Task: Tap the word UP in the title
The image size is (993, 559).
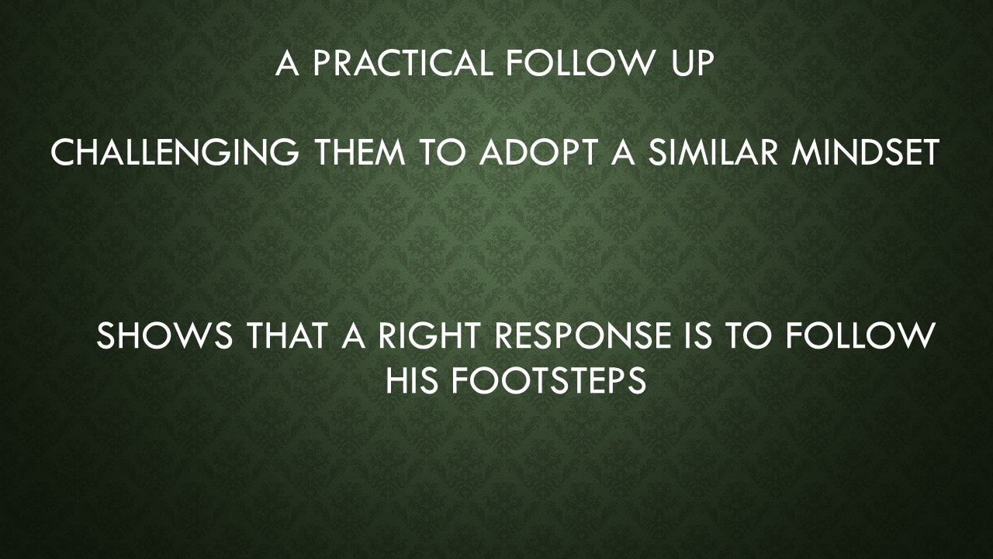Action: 686,64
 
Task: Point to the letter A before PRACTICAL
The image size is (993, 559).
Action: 287,64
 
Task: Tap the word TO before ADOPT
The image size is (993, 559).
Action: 445,153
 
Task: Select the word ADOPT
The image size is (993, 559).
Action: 535,153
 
